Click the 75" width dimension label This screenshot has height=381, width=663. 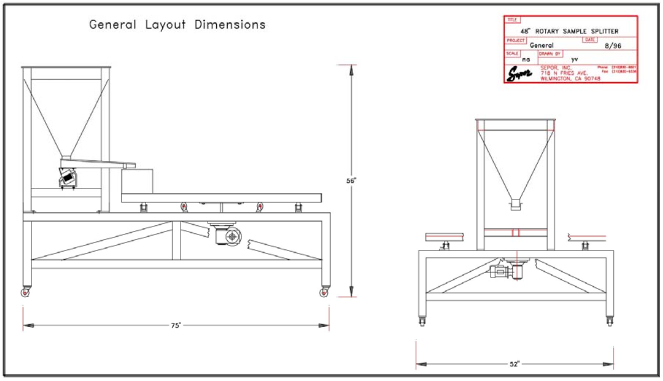[x=176, y=325]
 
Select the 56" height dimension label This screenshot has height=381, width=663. [x=351, y=180]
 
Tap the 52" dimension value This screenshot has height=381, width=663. [x=514, y=364]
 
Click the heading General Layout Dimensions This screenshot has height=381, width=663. [x=177, y=25]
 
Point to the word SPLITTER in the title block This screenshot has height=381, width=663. [x=601, y=32]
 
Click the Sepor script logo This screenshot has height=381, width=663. [x=520, y=75]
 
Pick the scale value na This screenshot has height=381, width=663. [x=526, y=59]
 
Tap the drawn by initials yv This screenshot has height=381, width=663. [x=574, y=59]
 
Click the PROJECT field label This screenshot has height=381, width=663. [x=516, y=40]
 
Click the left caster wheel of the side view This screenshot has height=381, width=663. [x=26, y=293]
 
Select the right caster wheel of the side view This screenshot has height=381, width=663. [x=324, y=293]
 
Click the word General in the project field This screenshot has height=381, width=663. [x=541, y=45]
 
